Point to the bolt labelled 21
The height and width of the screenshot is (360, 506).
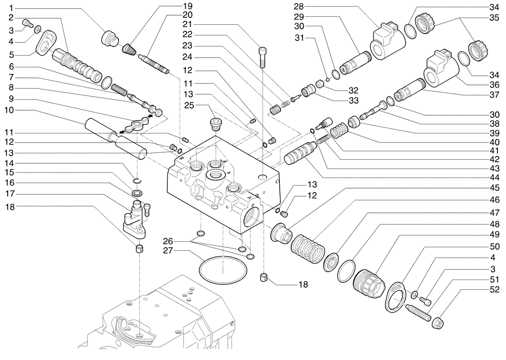pos(262,58)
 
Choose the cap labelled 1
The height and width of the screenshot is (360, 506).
pos(109,38)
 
